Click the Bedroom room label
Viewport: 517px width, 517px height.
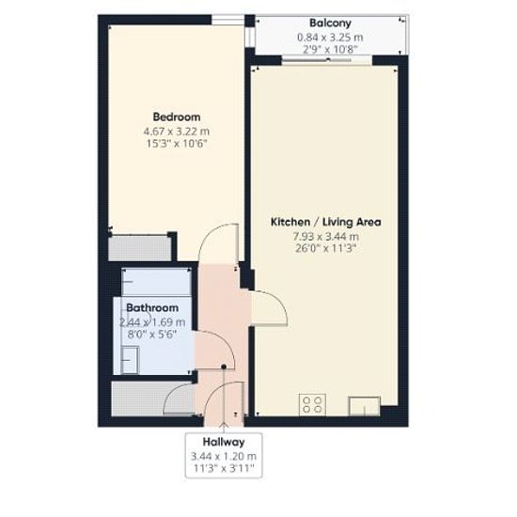coord(177,117)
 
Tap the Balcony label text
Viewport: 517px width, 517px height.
coord(330,23)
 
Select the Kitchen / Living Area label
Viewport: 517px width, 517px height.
coord(326,222)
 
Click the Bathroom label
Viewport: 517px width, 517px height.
coord(152,308)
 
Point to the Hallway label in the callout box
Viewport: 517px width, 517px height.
coord(224,442)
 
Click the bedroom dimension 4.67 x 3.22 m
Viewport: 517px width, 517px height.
coord(177,132)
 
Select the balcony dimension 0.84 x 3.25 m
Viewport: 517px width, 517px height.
coord(330,38)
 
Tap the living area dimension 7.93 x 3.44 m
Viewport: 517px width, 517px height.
coord(326,236)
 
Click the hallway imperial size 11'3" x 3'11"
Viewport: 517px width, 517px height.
coord(224,468)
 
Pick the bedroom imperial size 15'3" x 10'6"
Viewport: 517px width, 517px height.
coord(177,144)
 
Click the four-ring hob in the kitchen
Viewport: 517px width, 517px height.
coord(312,405)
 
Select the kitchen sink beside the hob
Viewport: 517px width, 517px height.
coord(365,406)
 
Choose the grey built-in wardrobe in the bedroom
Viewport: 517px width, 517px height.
coord(140,248)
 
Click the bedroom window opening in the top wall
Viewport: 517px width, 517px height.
coord(227,20)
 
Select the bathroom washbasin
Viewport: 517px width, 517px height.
coord(130,360)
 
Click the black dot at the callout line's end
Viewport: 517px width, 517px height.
coord(224,367)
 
